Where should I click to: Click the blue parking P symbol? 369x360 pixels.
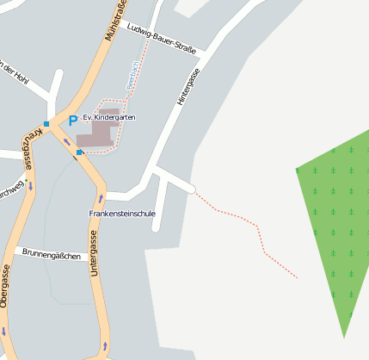click(73, 120)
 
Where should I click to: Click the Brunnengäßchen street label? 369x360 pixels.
click(52, 256)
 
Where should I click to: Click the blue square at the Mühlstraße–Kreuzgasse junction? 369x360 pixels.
click(46, 124)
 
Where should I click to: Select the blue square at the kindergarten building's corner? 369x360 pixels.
click(79, 152)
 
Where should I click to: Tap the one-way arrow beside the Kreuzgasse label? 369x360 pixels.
click(31, 184)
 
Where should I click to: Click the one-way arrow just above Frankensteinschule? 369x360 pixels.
click(100, 199)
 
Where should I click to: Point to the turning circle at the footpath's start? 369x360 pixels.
click(193, 189)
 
